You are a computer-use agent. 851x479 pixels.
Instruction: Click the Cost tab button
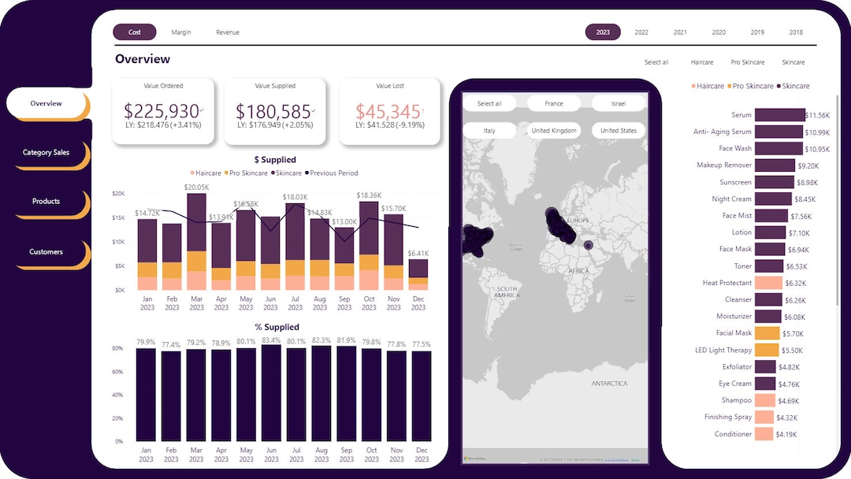pos(135,32)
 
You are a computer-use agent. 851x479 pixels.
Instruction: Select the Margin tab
pos(181,32)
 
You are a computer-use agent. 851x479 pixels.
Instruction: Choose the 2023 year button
pos(603,32)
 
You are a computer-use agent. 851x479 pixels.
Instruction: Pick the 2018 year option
pos(796,32)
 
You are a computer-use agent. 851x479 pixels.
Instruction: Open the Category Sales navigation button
pos(46,152)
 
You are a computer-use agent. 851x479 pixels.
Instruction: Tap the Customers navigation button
pos(46,252)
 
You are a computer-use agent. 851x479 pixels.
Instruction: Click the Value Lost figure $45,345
pos(388,112)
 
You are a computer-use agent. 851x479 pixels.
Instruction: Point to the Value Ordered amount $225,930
pos(162,112)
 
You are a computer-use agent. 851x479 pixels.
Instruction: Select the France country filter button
pos(554,103)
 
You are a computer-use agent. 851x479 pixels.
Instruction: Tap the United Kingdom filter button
pos(554,131)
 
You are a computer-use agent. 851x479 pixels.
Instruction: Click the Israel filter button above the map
pos(619,103)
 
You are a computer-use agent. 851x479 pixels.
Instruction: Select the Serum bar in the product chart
pos(779,115)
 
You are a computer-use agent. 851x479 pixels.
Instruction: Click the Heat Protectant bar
pos(768,283)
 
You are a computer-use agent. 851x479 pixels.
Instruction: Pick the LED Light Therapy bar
pos(767,350)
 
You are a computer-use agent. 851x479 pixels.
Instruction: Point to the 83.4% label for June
pos(270,340)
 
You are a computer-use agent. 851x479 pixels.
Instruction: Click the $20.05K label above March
pos(196,188)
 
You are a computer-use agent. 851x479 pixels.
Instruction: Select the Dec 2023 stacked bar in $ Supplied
pos(418,274)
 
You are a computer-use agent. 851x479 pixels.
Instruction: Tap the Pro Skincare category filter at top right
pos(748,62)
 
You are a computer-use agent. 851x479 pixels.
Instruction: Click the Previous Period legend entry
pos(333,173)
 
